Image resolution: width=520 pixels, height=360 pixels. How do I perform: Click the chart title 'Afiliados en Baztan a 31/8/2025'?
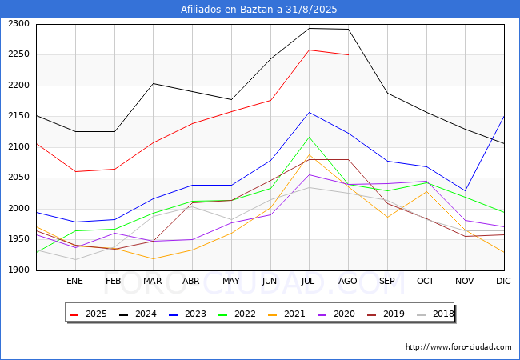pyautogui.click(x=259, y=10)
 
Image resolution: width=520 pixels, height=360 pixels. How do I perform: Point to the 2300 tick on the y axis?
pyautogui.click(x=18, y=24)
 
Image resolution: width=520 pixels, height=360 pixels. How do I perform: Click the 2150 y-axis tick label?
pyautogui.click(x=18, y=116)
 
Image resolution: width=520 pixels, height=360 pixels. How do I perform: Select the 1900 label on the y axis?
pyautogui.click(x=18, y=270)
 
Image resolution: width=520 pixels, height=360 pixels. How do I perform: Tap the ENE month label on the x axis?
pyautogui.click(x=74, y=281)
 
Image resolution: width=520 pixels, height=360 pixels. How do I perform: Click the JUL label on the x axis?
pyautogui.click(x=309, y=281)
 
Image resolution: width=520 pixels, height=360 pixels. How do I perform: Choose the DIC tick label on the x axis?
pyautogui.click(x=503, y=281)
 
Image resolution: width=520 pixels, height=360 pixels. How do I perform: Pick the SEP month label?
pyautogui.click(x=387, y=281)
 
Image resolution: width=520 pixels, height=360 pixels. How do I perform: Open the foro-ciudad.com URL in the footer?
pyautogui.click(x=458, y=347)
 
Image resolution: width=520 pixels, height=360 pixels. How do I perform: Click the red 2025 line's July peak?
pyautogui.click(x=309, y=50)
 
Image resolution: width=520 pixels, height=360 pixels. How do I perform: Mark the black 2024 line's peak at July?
pyautogui.click(x=309, y=28)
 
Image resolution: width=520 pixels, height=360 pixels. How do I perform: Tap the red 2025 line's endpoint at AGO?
pyautogui.click(x=348, y=54)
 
